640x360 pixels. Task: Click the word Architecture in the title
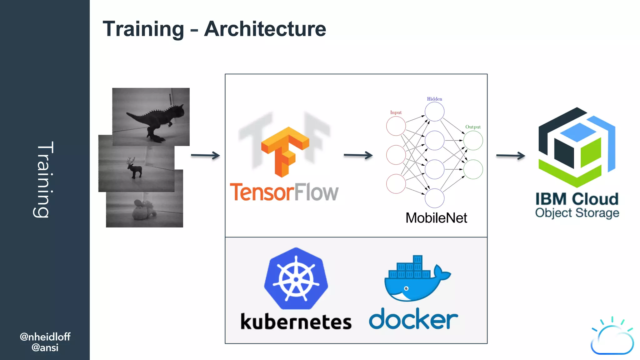pyautogui.click(x=265, y=29)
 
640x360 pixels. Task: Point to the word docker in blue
pyautogui.click(x=413, y=319)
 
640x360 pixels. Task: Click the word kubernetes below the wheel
pyautogui.click(x=296, y=322)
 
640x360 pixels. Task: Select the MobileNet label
pyautogui.click(x=436, y=218)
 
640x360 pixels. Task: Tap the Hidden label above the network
pyautogui.click(x=434, y=99)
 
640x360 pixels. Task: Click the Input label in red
pyautogui.click(x=396, y=112)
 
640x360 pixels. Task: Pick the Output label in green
pyautogui.click(x=473, y=127)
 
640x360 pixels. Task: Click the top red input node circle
pyautogui.click(x=396, y=126)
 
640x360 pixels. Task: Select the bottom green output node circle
pyautogui.click(x=473, y=169)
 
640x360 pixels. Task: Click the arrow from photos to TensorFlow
pyautogui.click(x=205, y=155)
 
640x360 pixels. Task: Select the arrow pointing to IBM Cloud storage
pyautogui.click(x=510, y=155)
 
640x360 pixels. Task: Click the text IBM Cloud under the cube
pyautogui.click(x=577, y=199)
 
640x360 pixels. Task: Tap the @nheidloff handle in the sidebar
pyautogui.click(x=45, y=337)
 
